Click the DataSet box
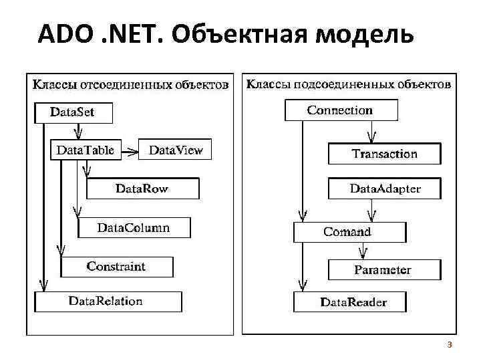click(73, 112)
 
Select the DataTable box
click(86, 150)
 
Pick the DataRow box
click(142, 189)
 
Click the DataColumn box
click(134, 228)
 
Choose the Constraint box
click(116, 267)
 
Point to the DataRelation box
click(107, 301)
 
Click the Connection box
click(340, 110)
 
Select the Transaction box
click(384, 154)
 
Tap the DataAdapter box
click(385, 189)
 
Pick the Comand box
click(349, 232)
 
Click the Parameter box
click(383, 270)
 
